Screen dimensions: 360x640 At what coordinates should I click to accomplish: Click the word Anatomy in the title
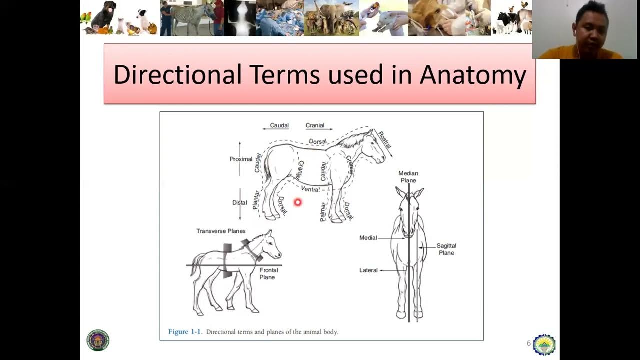coord(473,75)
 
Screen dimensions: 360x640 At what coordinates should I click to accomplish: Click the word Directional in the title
coord(177,75)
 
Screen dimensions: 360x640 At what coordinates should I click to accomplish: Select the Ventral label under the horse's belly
coord(310,189)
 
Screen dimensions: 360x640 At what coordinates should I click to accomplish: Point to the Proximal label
coord(241,159)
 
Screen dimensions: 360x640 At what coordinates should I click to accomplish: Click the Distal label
coord(239,203)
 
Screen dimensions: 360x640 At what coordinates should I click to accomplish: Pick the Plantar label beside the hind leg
coord(256,200)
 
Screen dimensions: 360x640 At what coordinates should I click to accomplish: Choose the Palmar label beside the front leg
coord(323,211)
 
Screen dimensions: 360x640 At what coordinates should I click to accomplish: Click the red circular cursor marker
coord(297,202)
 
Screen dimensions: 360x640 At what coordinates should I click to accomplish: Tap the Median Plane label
coord(408,177)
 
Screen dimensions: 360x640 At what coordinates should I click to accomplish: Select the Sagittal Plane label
coord(446,249)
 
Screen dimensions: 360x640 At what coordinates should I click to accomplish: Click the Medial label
coord(368,238)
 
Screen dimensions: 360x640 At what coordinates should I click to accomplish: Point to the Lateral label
coord(368,270)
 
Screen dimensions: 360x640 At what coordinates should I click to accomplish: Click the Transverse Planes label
coord(221,231)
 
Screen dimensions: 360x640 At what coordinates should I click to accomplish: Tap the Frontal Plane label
coord(268,273)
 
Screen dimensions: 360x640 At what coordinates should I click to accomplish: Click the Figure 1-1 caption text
coord(253,332)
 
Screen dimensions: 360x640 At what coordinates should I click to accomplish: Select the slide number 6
coord(529,343)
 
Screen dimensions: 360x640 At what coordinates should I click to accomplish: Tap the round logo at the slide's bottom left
coord(98,340)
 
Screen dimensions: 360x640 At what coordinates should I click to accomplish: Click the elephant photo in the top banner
coord(330,18)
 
